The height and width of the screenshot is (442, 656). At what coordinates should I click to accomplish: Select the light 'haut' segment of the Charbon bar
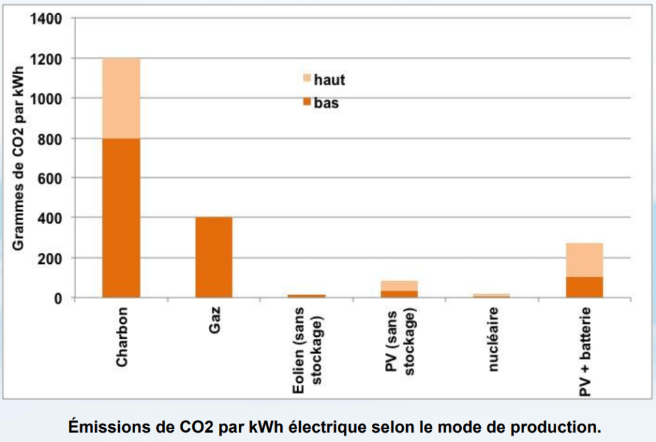(121, 99)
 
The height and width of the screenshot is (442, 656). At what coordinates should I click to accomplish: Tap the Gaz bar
(214, 257)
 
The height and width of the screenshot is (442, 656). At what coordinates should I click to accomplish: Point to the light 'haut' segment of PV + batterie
(584, 260)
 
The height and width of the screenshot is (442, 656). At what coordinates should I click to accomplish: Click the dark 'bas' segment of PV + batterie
(584, 288)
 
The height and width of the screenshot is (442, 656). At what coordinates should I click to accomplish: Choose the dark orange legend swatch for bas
(305, 103)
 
